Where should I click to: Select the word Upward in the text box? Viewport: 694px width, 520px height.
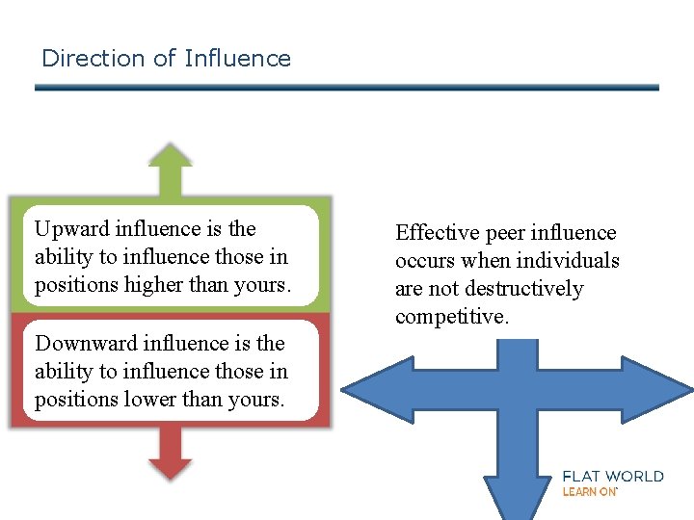71,229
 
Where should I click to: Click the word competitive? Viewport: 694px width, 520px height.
451,317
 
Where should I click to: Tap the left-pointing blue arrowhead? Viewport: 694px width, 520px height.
371,390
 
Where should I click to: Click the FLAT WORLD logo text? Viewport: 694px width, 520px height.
613,476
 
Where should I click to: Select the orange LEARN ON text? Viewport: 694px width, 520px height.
589,492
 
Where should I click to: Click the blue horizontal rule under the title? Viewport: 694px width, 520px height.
347,88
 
